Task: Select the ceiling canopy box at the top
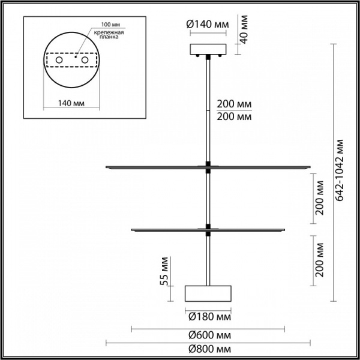click(x=208, y=49)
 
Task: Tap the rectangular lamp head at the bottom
click(x=208, y=293)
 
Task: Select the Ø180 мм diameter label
click(x=208, y=316)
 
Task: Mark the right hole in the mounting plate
click(x=85, y=61)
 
